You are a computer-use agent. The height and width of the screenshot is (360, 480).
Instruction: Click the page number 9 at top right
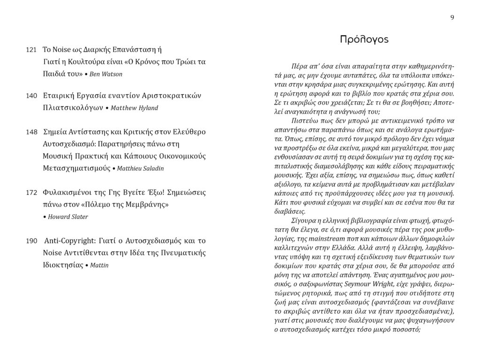pos(452,17)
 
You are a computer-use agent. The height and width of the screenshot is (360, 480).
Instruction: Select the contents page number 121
pos(31,50)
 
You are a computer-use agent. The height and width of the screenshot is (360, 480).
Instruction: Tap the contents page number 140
pos(31,96)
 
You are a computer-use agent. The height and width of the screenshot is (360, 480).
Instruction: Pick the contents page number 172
pos(31,193)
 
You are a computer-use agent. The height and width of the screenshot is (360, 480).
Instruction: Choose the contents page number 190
pos(31,241)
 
